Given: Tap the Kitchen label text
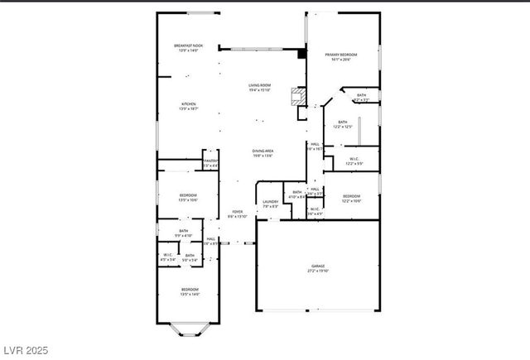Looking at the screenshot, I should (x=189, y=106).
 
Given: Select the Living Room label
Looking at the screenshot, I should (x=260, y=88).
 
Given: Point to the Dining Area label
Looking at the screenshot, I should (x=263, y=152).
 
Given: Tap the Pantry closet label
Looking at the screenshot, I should (x=210, y=163).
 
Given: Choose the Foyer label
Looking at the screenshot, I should (x=238, y=214).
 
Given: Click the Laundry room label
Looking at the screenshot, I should (x=270, y=204).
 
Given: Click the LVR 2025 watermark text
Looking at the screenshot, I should (x=26, y=351).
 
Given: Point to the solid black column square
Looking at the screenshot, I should (x=301, y=54).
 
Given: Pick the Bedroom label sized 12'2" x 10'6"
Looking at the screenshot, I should (x=351, y=199).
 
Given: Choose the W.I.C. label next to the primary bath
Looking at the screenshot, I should (x=354, y=161).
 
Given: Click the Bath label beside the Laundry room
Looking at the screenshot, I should (x=297, y=194).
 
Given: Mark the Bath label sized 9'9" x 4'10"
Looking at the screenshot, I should (x=183, y=233).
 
